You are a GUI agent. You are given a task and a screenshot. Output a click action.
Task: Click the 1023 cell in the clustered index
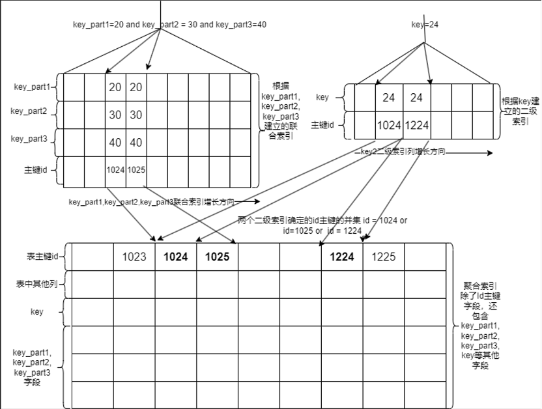click(134, 257)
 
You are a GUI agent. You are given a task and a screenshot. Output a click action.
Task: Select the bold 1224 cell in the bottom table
click(342, 257)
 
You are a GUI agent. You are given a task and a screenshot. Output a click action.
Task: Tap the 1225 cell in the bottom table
click(384, 257)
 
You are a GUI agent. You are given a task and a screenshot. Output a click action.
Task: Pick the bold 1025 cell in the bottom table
click(218, 257)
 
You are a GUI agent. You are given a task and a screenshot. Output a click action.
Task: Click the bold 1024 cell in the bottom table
click(176, 257)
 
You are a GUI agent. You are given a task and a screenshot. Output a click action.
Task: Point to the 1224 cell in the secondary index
click(417, 126)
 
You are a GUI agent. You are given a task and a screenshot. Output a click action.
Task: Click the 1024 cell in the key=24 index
click(390, 126)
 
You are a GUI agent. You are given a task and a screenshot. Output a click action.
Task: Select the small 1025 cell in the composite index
click(136, 170)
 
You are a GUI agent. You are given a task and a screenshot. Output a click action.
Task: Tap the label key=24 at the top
click(425, 24)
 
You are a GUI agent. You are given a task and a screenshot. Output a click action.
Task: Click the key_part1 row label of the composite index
click(31, 87)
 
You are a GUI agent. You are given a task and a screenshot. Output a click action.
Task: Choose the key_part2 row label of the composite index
click(29, 111)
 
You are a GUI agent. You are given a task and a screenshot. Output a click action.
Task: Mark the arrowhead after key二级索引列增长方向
click(489, 154)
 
